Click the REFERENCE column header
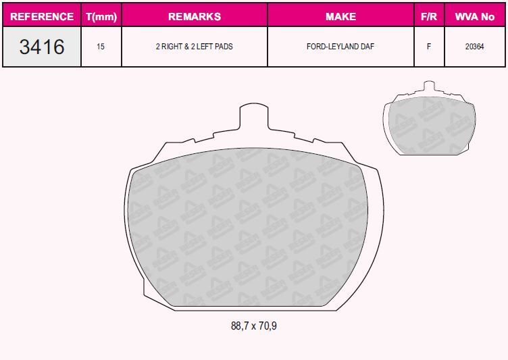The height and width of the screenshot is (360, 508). click(x=42, y=16)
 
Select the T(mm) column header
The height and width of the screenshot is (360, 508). click(x=101, y=16)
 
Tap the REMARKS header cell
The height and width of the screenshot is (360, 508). click(x=195, y=16)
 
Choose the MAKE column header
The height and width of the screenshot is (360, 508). click(x=340, y=16)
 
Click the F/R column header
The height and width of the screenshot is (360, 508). click(x=429, y=16)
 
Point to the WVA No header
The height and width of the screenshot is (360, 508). click(x=475, y=16)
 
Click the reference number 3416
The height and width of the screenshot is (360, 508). click(x=42, y=47)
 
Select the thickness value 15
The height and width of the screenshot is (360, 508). click(x=101, y=47)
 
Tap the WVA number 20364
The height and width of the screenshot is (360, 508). click(x=475, y=47)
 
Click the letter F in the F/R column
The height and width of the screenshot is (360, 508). click(x=429, y=47)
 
